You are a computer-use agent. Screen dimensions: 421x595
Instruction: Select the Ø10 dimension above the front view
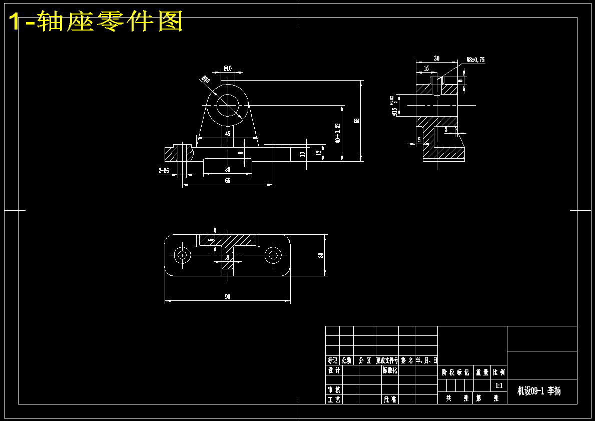click(228, 69)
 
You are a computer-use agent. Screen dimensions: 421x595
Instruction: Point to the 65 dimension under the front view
click(228, 181)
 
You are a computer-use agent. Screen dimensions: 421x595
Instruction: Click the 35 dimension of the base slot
click(228, 170)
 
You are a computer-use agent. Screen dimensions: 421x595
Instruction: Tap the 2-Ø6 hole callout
click(164, 171)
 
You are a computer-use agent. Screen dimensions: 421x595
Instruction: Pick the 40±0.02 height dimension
click(338, 133)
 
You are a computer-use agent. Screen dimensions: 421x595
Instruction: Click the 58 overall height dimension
click(357, 121)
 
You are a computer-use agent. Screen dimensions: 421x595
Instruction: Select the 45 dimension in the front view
click(228, 134)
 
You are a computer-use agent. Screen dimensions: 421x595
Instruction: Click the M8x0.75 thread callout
click(475, 60)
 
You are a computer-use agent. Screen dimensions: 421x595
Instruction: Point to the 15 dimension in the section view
click(426, 68)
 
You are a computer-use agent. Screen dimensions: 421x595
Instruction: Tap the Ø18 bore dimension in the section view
click(394, 106)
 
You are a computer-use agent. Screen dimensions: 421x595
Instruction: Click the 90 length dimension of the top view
click(228, 297)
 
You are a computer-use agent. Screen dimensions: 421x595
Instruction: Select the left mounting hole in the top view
click(182, 255)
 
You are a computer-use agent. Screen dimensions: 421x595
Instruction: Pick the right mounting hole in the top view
click(273, 255)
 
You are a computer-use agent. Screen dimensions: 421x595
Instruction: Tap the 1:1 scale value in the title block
click(499, 385)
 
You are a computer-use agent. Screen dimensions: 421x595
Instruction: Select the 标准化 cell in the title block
click(389, 370)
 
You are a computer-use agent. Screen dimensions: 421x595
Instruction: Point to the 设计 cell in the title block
click(334, 370)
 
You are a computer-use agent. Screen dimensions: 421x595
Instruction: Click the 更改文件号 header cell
click(387, 360)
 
